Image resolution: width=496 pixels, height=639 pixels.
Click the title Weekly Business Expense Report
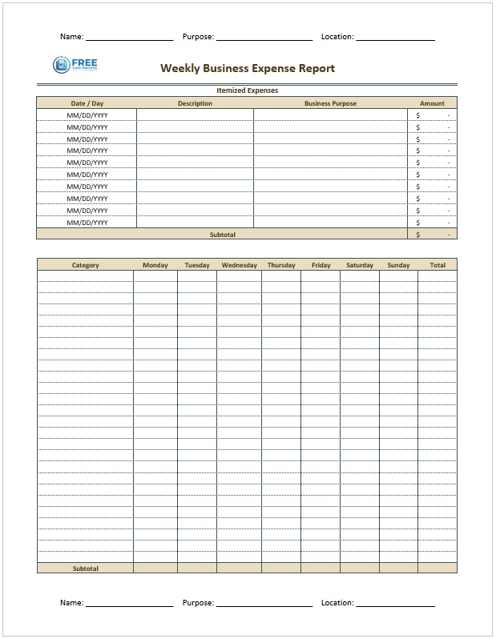pyautogui.click(x=248, y=68)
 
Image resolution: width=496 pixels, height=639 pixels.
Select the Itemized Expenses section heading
pyautogui.click(x=247, y=90)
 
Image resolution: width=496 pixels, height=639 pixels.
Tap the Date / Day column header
pyautogui.click(x=87, y=103)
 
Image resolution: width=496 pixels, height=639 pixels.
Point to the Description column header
pyautogui.click(x=195, y=103)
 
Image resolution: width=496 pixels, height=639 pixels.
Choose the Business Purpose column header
pyautogui.click(x=330, y=103)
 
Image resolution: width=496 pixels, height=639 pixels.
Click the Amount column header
pyautogui.click(x=432, y=103)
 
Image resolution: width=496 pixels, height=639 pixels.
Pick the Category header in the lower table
pyautogui.click(x=86, y=265)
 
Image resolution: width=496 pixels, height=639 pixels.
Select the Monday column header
pyautogui.click(x=155, y=265)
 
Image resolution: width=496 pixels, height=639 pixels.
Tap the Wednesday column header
pyautogui.click(x=240, y=265)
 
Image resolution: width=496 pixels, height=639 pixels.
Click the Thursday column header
pyautogui.click(x=281, y=265)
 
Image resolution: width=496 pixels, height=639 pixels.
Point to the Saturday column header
pyautogui.click(x=360, y=265)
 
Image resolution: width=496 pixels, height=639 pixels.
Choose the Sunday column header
pyautogui.click(x=398, y=265)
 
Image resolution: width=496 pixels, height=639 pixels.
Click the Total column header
pyautogui.click(x=438, y=265)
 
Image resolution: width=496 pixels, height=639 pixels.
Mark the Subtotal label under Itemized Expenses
pyautogui.click(x=222, y=235)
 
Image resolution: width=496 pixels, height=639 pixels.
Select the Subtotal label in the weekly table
pyautogui.click(x=86, y=568)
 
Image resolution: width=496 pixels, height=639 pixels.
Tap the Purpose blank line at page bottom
pyautogui.click(x=264, y=605)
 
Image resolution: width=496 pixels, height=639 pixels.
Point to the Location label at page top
pyautogui.click(x=337, y=37)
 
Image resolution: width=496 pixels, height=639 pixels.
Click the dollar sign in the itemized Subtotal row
pyautogui.click(x=417, y=235)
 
